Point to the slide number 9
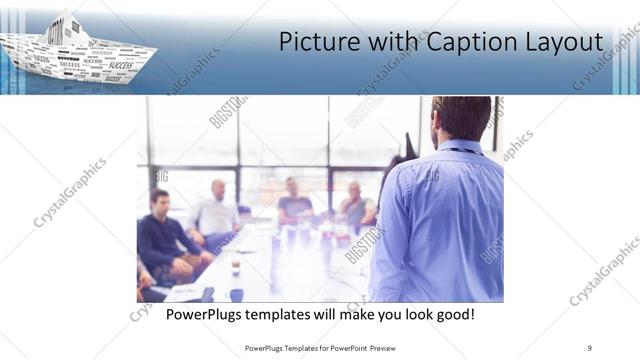[x=589, y=347]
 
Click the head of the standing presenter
[x=462, y=117]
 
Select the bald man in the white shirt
[x=215, y=212]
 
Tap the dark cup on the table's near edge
[x=235, y=294]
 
